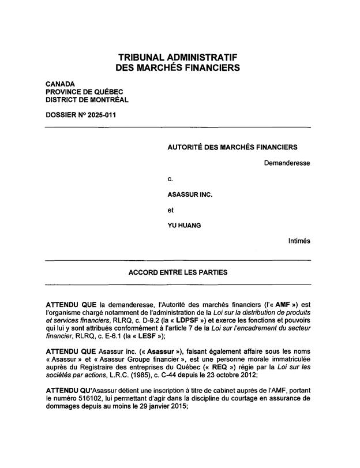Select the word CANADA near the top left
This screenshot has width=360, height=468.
point(60,84)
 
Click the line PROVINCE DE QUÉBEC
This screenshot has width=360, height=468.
point(84,92)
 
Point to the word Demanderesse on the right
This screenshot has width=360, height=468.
point(287,163)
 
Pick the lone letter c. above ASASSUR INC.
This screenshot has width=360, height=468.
point(170,179)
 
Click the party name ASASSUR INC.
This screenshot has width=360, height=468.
point(190,194)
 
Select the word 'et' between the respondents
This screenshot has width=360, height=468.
point(170,210)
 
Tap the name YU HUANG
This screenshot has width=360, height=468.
point(184,226)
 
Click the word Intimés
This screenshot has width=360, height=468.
point(299,241)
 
